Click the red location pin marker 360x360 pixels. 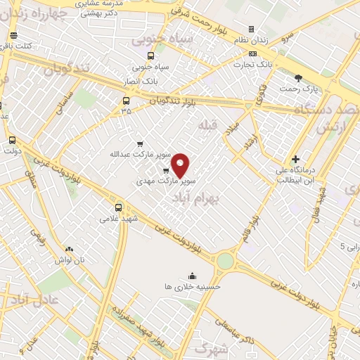(x=181, y=165)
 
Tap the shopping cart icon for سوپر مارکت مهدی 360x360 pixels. (x=165, y=171)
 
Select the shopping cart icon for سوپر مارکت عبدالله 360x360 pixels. (x=140, y=143)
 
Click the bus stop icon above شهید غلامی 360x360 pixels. (x=118, y=207)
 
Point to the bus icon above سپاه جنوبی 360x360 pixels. (x=150, y=56)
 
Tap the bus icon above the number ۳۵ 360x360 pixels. (x=126, y=101)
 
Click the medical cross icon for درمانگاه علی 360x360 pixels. (x=295, y=160)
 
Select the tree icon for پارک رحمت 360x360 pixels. (x=298, y=78)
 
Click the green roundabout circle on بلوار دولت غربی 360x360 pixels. (x=225, y=261)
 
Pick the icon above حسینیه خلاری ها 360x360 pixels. (x=192, y=275)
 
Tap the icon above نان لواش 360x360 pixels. (x=69, y=249)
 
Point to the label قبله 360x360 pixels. (x=209, y=126)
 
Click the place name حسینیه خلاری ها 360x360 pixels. (x=192, y=287)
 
